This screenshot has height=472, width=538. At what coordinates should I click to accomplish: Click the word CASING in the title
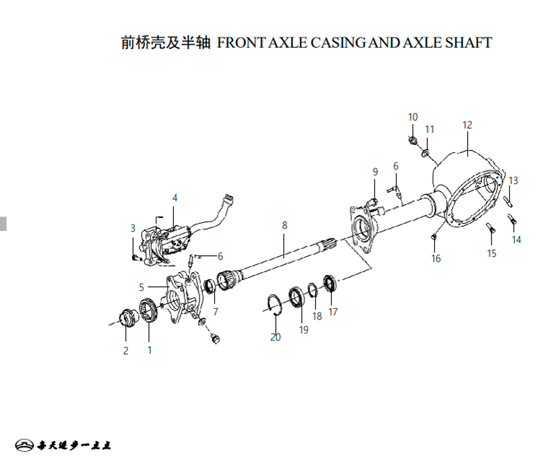click(338, 43)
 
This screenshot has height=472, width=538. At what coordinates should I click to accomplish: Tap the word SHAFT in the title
click(469, 43)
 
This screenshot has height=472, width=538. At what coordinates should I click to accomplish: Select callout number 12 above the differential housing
click(467, 125)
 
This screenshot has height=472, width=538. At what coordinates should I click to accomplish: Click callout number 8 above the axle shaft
click(285, 225)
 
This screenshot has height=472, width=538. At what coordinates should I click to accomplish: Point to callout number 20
click(275, 337)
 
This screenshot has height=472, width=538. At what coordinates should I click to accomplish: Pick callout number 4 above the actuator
click(175, 198)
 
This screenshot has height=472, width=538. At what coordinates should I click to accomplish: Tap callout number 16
click(436, 258)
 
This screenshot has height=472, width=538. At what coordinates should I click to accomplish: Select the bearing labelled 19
click(296, 297)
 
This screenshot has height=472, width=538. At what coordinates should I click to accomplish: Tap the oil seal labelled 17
click(330, 283)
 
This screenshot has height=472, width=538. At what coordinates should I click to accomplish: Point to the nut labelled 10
click(413, 140)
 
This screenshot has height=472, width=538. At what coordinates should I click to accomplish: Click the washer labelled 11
click(426, 153)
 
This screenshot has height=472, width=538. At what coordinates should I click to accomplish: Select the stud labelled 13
click(508, 201)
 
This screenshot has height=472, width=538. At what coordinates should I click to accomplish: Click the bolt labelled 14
click(512, 219)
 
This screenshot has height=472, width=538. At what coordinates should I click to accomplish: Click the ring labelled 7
click(210, 286)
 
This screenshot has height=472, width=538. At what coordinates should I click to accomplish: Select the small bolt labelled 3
click(136, 257)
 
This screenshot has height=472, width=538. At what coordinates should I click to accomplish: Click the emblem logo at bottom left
click(24, 445)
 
